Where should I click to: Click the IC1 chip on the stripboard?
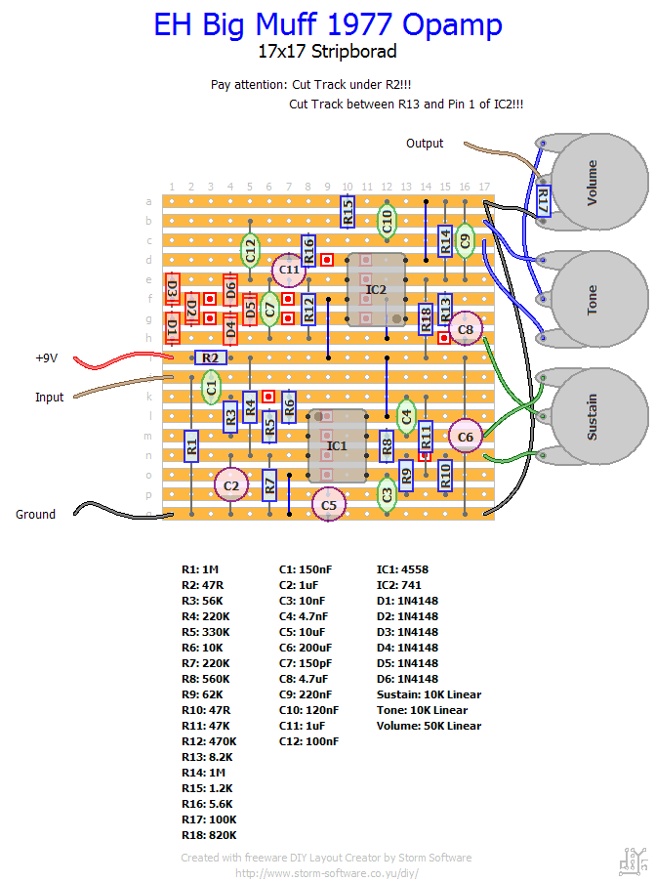(337, 445)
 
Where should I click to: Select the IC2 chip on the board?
(376, 289)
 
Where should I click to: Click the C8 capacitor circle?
(466, 330)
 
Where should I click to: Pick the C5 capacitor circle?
(329, 505)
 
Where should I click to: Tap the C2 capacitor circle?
(231, 484)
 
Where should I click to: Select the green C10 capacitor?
(387, 221)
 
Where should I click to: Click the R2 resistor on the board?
(211, 358)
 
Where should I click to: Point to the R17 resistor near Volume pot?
(543, 202)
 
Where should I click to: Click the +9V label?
(47, 358)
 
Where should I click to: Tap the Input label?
(49, 398)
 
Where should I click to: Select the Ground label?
(35, 515)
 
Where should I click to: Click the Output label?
(425, 144)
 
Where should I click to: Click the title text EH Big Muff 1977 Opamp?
(328, 25)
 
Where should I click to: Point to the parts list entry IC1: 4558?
(402, 568)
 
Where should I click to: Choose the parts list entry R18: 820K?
(209, 835)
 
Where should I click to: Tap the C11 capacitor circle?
(289, 269)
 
